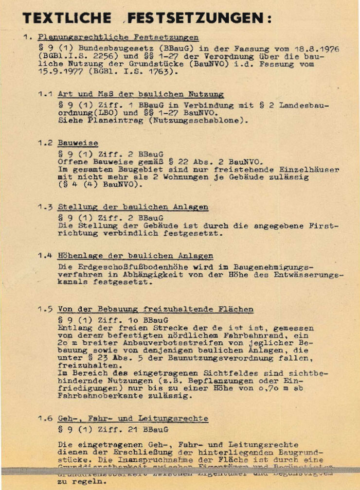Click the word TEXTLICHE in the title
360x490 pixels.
click(67, 18)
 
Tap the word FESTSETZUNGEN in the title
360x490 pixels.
click(195, 18)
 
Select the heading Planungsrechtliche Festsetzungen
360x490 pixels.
click(118, 37)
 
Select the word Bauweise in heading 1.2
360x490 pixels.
click(78, 143)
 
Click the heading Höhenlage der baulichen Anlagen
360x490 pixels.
click(135, 256)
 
